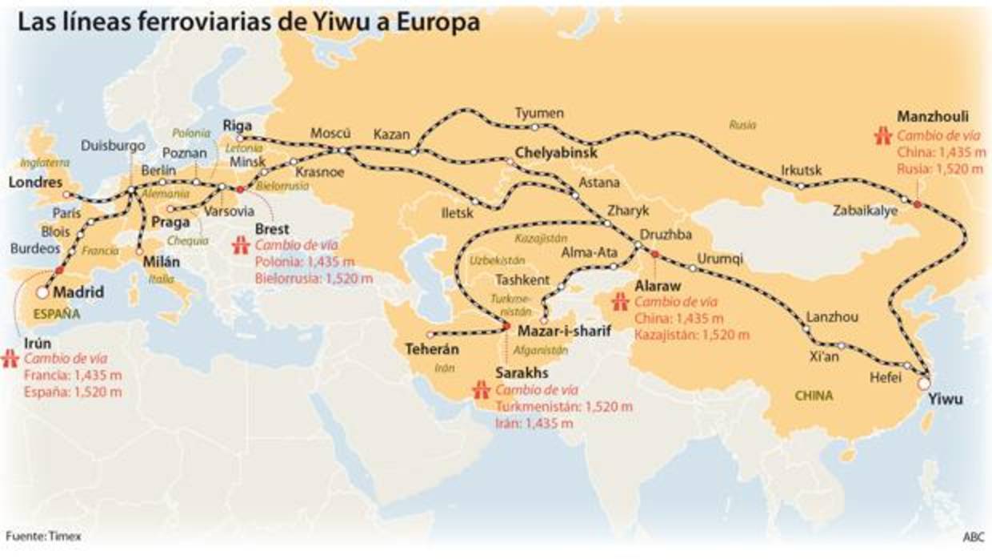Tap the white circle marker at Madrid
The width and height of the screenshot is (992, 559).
(x=42, y=292)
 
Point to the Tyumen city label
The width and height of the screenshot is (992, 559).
(x=539, y=113)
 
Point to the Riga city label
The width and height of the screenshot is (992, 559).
(x=238, y=125)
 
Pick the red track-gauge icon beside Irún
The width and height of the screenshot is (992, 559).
(x=11, y=359)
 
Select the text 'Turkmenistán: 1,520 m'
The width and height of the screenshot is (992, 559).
(x=564, y=406)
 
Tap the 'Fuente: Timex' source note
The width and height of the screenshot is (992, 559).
(x=43, y=536)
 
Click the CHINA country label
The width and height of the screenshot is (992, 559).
(x=814, y=395)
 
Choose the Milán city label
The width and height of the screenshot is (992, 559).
(x=161, y=261)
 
